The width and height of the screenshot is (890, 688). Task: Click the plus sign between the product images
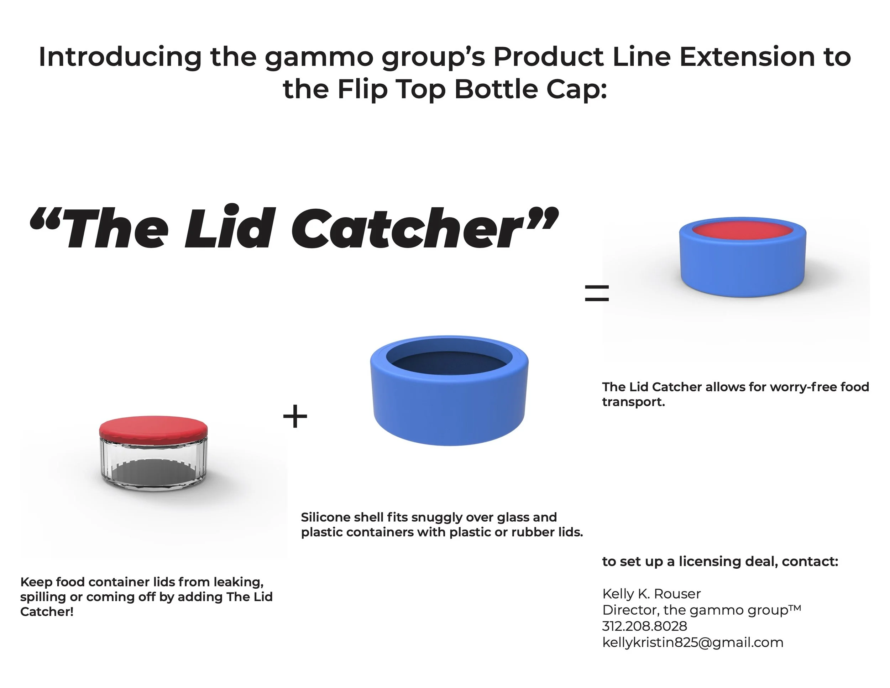(295, 416)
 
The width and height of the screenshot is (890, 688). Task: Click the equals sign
(597, 293)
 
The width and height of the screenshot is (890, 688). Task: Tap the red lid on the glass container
(153, 426)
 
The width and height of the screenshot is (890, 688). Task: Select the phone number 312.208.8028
(645, 626)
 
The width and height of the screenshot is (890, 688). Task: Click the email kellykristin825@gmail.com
(692, 642)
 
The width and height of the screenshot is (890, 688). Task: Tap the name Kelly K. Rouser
(651, 594)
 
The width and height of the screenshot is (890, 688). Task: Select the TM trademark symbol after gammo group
(795, 608)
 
